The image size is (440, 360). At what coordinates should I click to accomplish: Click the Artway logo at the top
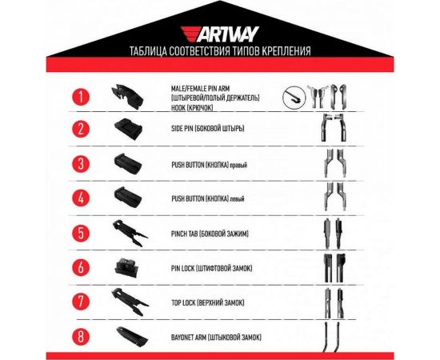click(219, 34)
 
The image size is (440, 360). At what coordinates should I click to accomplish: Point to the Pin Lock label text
click(214, 267)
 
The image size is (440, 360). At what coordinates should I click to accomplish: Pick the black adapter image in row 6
click(126, 267)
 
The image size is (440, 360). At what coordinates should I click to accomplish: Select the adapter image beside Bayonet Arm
click(128, 336)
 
